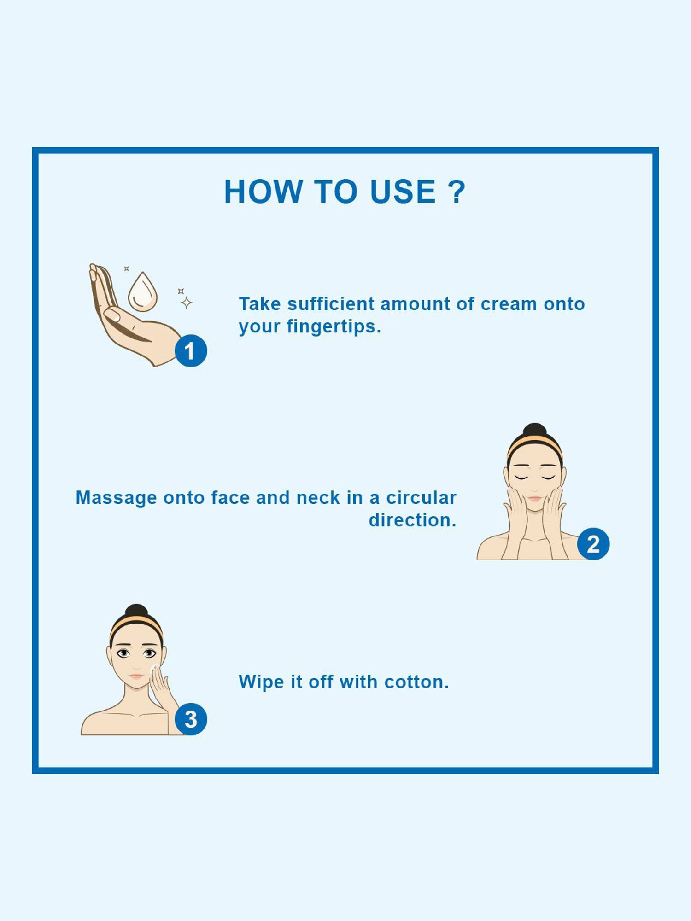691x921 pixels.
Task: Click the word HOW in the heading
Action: (263, 192)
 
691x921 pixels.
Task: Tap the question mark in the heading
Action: (457, 192)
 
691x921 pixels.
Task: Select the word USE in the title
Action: (403, 192)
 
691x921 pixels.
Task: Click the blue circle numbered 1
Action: (191, 351)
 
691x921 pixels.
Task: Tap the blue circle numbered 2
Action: (593, 544)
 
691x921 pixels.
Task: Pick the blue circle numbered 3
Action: (191, 719)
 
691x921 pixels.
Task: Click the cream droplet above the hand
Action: (142, 292)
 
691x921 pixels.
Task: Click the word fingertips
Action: (334, 326)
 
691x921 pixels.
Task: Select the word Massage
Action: (116, 498)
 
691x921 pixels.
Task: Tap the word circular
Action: (421, 498)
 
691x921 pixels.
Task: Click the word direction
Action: (412, 520)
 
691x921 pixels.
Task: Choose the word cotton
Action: (416, 682)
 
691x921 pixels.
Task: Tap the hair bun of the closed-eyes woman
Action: (535, 430)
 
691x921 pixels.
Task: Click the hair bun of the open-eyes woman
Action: (136, 611)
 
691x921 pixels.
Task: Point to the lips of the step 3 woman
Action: (137, 676)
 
